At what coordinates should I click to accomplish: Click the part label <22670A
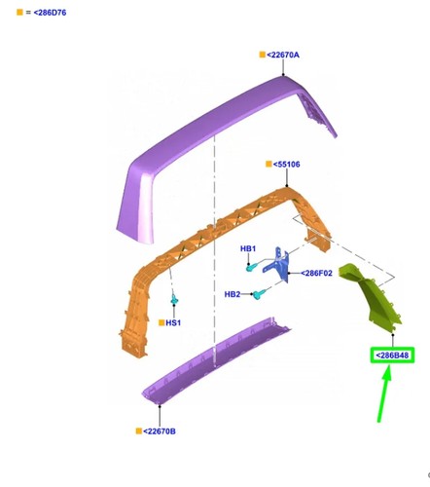pyautogui.click(x=283, y=55)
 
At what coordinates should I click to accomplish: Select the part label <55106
pyautogui.click(x=286, y=165)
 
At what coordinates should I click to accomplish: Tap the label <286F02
pyautogui.click(x=316, y=273)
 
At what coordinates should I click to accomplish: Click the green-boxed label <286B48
pyautogui.click(x=392, y=356)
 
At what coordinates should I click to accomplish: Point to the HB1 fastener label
pyautogui.click(x=248, y=248)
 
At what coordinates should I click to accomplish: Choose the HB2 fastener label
pyautogui.click(x=233, y=294)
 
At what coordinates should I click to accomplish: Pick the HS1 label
pyautogui.click(x=173, y=322)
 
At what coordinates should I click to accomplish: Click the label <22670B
pyautogui.click(x=160, y=431)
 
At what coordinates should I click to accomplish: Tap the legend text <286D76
pyautogui.click(x=50, y=13)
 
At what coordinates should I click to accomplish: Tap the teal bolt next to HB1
pyautogui.click(x=251, y=267)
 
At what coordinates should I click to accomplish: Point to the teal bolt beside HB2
pyautogui.click(x=259, y=294)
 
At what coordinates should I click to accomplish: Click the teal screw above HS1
pyautogui.click(x=174, y=299)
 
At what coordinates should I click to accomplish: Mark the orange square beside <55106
pyautogui.click(x=269, y=164)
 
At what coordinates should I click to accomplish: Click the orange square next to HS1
pyautogui.click(x=161, y=322)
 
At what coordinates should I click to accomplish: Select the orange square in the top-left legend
pyautogui.click(x=19, y=13)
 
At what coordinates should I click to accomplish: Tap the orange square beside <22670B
pyautogui.click(x=139, y=431)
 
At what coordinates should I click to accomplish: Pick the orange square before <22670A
pyautogui.click(x=263, y=55)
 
